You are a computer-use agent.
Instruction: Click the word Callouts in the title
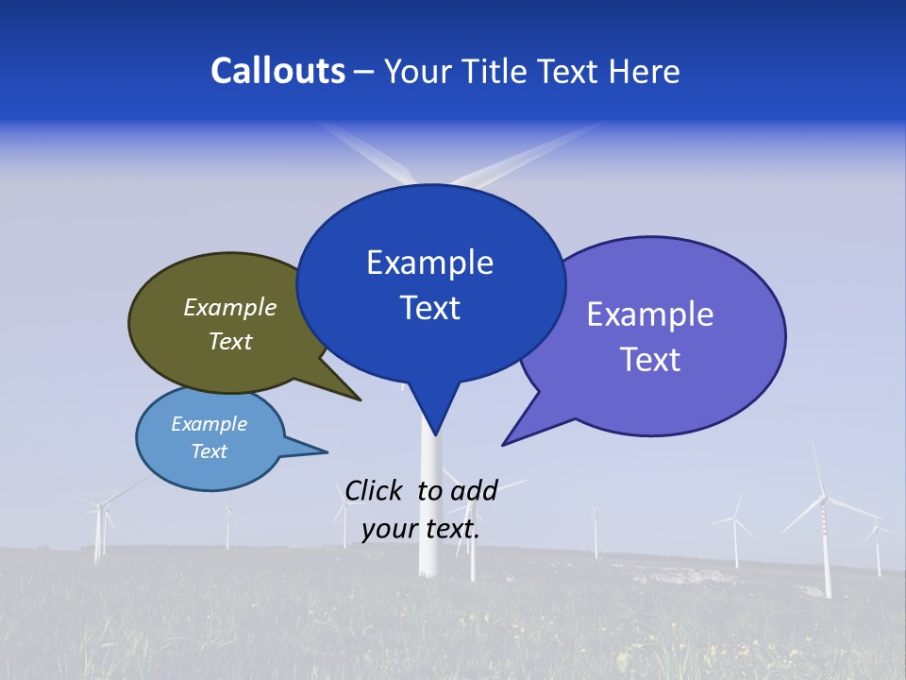point(277,71)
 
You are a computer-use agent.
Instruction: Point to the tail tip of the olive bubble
point(359,399)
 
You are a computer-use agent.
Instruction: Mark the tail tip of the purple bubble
point(505,443)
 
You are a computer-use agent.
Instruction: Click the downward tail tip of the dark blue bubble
point(435,433)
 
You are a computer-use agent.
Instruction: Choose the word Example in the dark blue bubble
point(429,263)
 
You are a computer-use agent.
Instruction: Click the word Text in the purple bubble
point(650,360)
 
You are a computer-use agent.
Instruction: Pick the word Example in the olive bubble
point(230,308)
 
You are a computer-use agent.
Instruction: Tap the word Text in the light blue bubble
point(210,451)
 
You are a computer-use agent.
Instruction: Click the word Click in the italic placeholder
point(373,490)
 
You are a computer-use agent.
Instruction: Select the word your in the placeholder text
point(389,529)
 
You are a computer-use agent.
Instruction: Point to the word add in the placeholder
point(475,490)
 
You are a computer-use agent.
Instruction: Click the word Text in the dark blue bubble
point(430,308)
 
